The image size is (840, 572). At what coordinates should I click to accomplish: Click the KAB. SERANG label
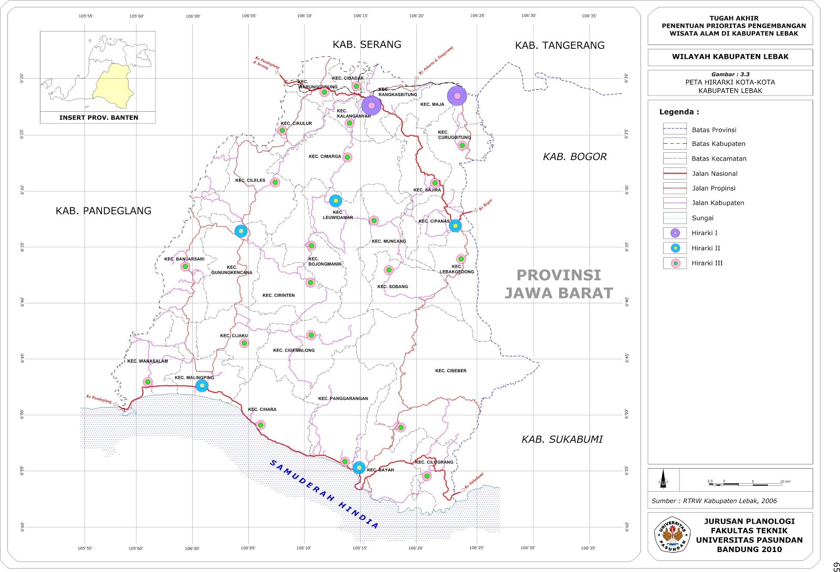pos(366,45)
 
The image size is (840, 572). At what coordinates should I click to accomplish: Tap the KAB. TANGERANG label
pos(560,46)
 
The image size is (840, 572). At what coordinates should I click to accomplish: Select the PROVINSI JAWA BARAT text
pos(559,284)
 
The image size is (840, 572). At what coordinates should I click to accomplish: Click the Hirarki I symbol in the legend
pos(675,233)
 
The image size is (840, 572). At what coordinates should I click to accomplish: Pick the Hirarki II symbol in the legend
pos(675,248)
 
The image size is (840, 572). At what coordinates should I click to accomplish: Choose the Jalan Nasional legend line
pos(675,173)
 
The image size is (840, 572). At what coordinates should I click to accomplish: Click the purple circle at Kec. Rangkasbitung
pos(371,105)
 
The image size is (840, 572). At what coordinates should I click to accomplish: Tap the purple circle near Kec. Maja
pos(457,96)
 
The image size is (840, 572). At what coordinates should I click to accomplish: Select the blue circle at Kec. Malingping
pos(202,386)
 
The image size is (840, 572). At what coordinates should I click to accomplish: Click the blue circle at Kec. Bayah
pos(359,468)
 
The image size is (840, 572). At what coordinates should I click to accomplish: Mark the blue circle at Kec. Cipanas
pos(455,226)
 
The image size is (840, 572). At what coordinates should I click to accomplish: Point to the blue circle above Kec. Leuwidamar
pos(335,200)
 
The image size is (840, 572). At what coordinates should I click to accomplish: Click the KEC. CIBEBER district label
pos(450,371)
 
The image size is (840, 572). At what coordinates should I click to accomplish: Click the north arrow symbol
pos(663,480)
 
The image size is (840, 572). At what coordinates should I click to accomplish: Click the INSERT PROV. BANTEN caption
pos(99,118)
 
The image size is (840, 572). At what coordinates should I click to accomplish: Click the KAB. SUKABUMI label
pos(562,439)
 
